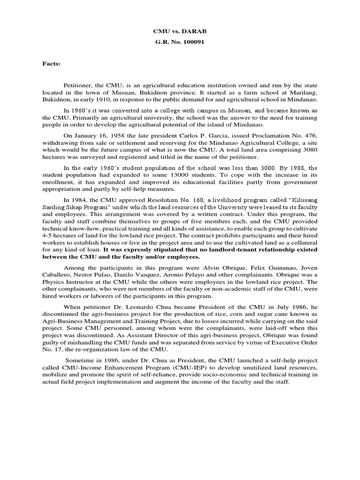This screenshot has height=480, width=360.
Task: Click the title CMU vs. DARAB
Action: point(180,31)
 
